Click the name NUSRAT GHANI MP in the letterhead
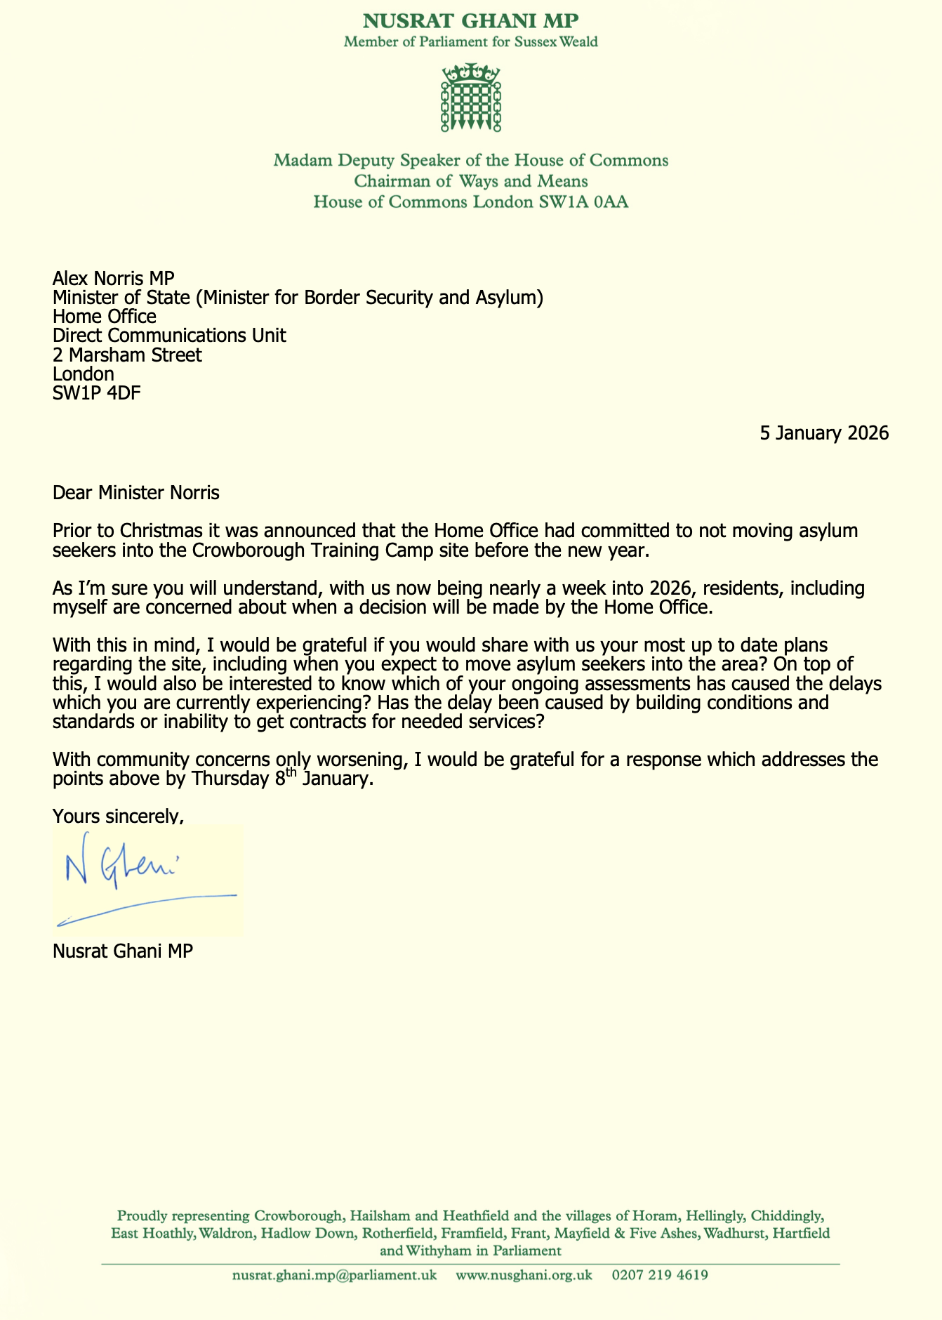point(470,20)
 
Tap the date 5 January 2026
point(824,433)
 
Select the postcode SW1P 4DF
point(96,393)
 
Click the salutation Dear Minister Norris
point(136,492)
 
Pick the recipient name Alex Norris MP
point(113,279)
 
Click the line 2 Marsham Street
point(127,355)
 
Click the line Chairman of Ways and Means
point(471,182)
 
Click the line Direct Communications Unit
point(169,336)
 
